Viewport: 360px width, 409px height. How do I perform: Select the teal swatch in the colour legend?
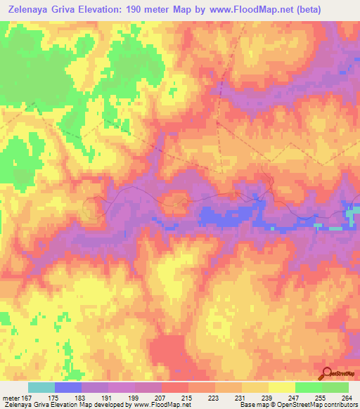click(41, 387)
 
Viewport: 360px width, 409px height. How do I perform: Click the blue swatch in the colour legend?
click(68, 387)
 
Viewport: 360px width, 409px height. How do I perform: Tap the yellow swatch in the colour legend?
click(282, 387)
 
